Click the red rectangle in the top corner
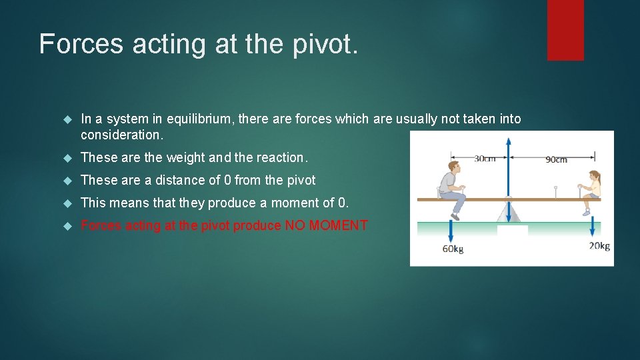[x=565, y=30]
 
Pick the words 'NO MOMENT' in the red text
[x=326, y=225]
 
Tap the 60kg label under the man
[x=453, y=249]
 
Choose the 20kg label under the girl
[x=599, y=246]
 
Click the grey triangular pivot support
[x=509, y=212]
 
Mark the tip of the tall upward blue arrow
[x=509, y=140]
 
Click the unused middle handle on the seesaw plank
[x=556, y=192]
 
